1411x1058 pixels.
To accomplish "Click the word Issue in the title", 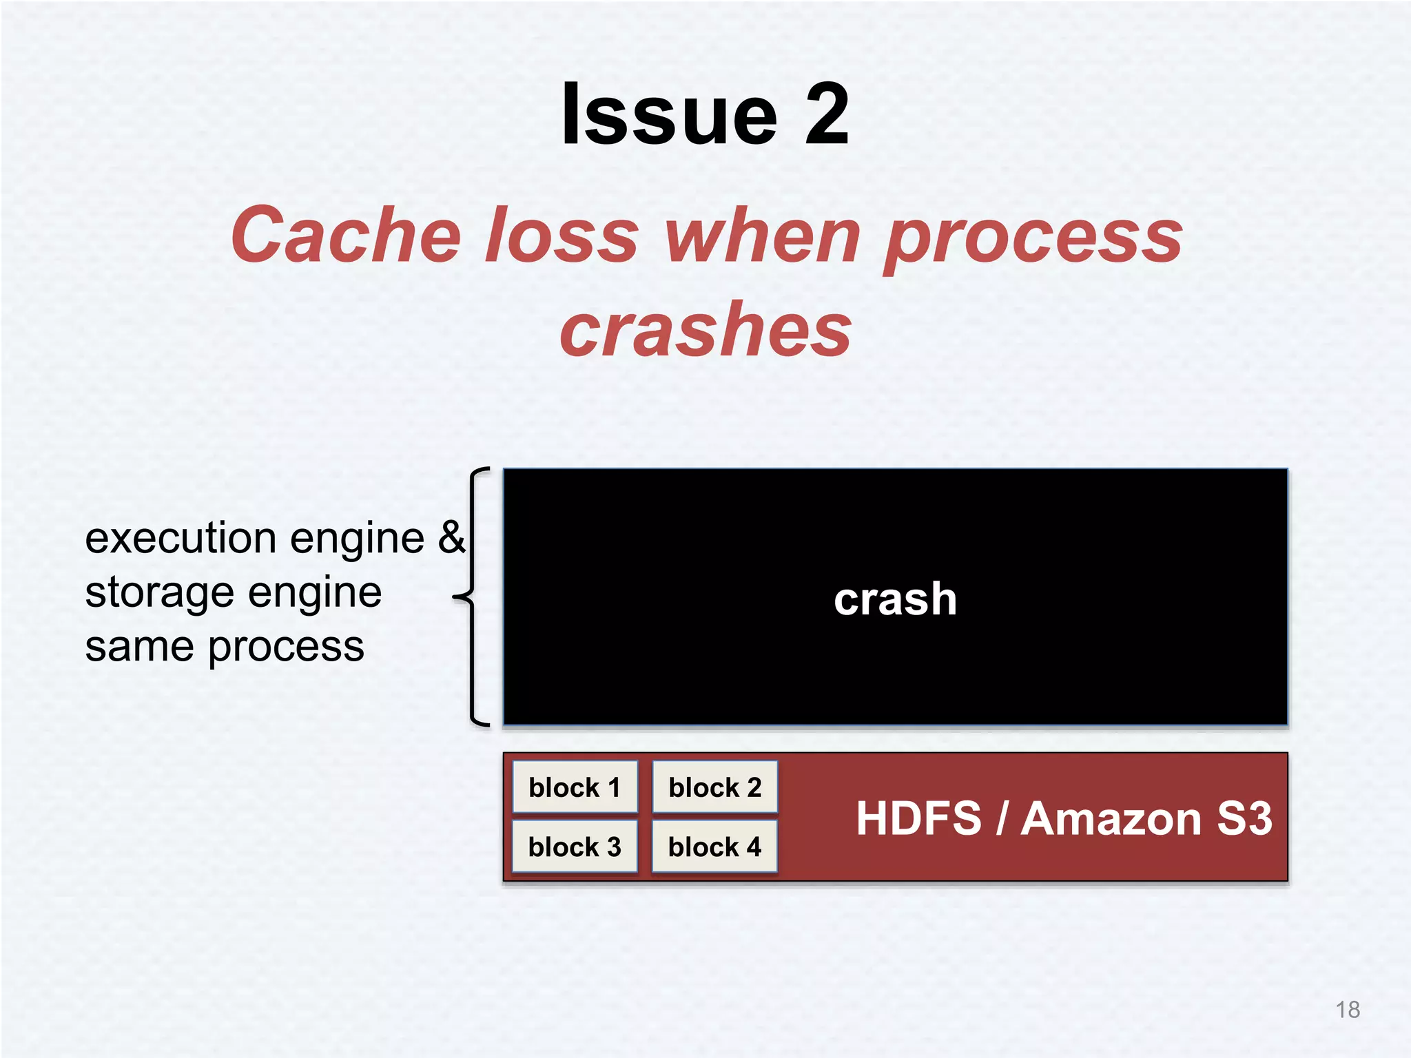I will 669,114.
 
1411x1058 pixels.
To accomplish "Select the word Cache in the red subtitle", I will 345,236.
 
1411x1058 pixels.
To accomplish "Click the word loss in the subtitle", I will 562,236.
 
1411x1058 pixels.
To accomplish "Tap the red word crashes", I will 705,331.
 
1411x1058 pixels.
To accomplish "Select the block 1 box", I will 575,787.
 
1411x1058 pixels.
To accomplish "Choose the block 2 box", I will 714,787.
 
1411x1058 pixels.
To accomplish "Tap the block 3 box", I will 575,847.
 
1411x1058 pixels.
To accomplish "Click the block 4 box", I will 714,847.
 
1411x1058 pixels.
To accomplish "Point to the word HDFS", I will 918,818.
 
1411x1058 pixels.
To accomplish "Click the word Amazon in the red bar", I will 1111,818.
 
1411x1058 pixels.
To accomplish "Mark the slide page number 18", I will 1348,1010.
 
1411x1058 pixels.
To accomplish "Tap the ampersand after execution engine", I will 451,537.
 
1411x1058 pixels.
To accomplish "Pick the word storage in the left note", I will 159,592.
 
